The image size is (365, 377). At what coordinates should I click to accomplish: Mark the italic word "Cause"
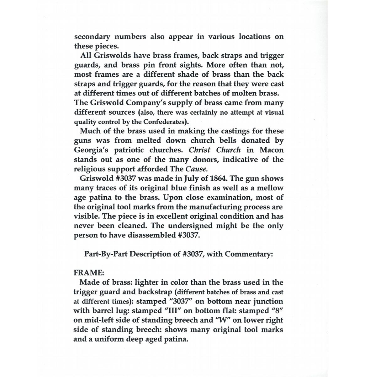[197, 169]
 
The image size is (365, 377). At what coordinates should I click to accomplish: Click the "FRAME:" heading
[87, 273]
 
